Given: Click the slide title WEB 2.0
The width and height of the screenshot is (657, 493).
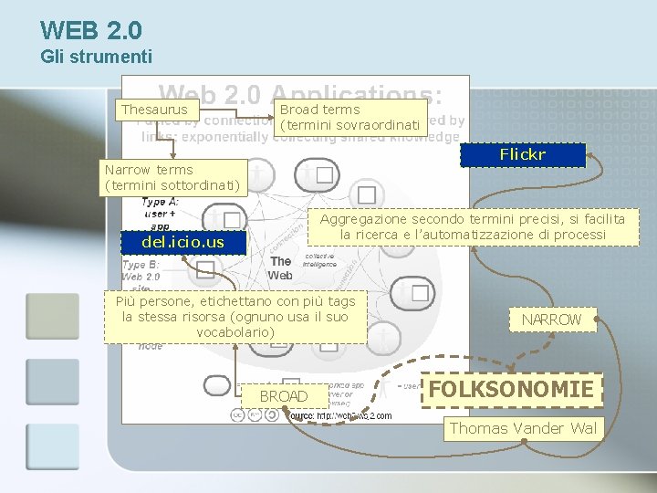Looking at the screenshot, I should (x=91, y=31).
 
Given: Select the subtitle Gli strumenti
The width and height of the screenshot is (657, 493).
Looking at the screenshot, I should (x=96, y=58).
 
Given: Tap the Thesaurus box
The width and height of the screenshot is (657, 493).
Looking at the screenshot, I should (x=154, y=110).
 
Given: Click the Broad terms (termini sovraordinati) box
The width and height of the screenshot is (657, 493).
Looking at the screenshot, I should (x=350, y=117).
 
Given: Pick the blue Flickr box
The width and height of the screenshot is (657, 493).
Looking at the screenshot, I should (x=522, y=155).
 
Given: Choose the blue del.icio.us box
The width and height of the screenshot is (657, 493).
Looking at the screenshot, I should (x=183, y=242).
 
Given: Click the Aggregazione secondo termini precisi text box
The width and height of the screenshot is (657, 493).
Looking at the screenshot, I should (x=473, y=227).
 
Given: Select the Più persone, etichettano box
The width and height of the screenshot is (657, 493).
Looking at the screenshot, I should (x=235, y=317).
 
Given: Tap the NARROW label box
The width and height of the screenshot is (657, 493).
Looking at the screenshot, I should (x=550, y=320).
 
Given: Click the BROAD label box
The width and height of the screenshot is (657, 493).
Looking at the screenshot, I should (x=283, y=396).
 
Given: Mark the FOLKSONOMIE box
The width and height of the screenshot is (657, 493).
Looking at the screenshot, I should (x=511, y=390).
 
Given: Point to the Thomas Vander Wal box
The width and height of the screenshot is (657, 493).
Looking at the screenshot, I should (x=523, y=428).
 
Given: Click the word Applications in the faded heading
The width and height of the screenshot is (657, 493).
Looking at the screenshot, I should (x=356, y=96).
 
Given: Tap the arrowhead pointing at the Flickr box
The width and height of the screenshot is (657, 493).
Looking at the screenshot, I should (x=589, y=157).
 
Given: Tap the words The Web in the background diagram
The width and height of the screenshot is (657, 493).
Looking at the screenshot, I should (x=280, y=268).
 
